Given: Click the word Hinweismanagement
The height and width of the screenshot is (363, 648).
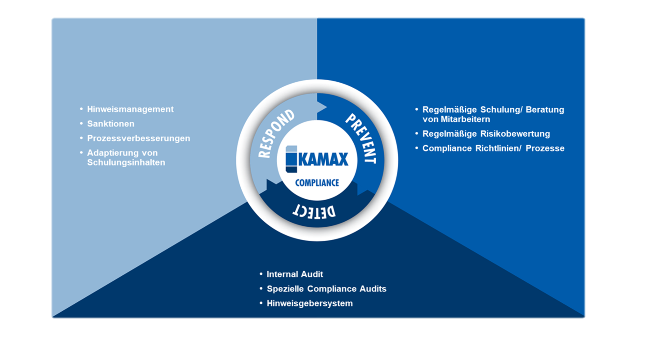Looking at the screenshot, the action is pyautogui.click(x=130, y=109).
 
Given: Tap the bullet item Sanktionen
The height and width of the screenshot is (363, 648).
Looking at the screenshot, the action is pyautogui.click(x=111, y=124).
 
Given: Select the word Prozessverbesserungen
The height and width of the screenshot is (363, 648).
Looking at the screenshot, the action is pyautogui.click(x=139, y=138).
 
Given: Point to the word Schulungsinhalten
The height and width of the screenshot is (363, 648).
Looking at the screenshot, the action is pyautogui.click(x=126, y=162).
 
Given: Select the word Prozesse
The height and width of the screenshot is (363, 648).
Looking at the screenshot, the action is pyautogui.click(x=545, y=148).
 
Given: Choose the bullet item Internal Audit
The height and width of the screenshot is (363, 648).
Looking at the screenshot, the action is pyautogui.click(x=295, y=274).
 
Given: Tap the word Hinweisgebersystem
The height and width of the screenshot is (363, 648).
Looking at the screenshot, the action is pyautogui.click(x=310, y=304).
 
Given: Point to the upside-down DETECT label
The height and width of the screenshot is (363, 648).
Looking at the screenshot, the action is pyautogui.click(x=314, y=212).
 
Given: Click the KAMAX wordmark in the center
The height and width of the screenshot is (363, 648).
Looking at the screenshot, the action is pyautogui.click(x=323, y=159).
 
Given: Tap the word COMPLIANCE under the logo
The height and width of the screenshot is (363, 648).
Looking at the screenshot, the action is pyautogui.click(x=317, y=183).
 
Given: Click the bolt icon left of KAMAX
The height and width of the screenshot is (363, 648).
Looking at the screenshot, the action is pyautogui.click(x=291, y=159).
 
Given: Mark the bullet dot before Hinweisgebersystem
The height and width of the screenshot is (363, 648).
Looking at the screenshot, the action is pyautogui.click(x=261, y=303).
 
